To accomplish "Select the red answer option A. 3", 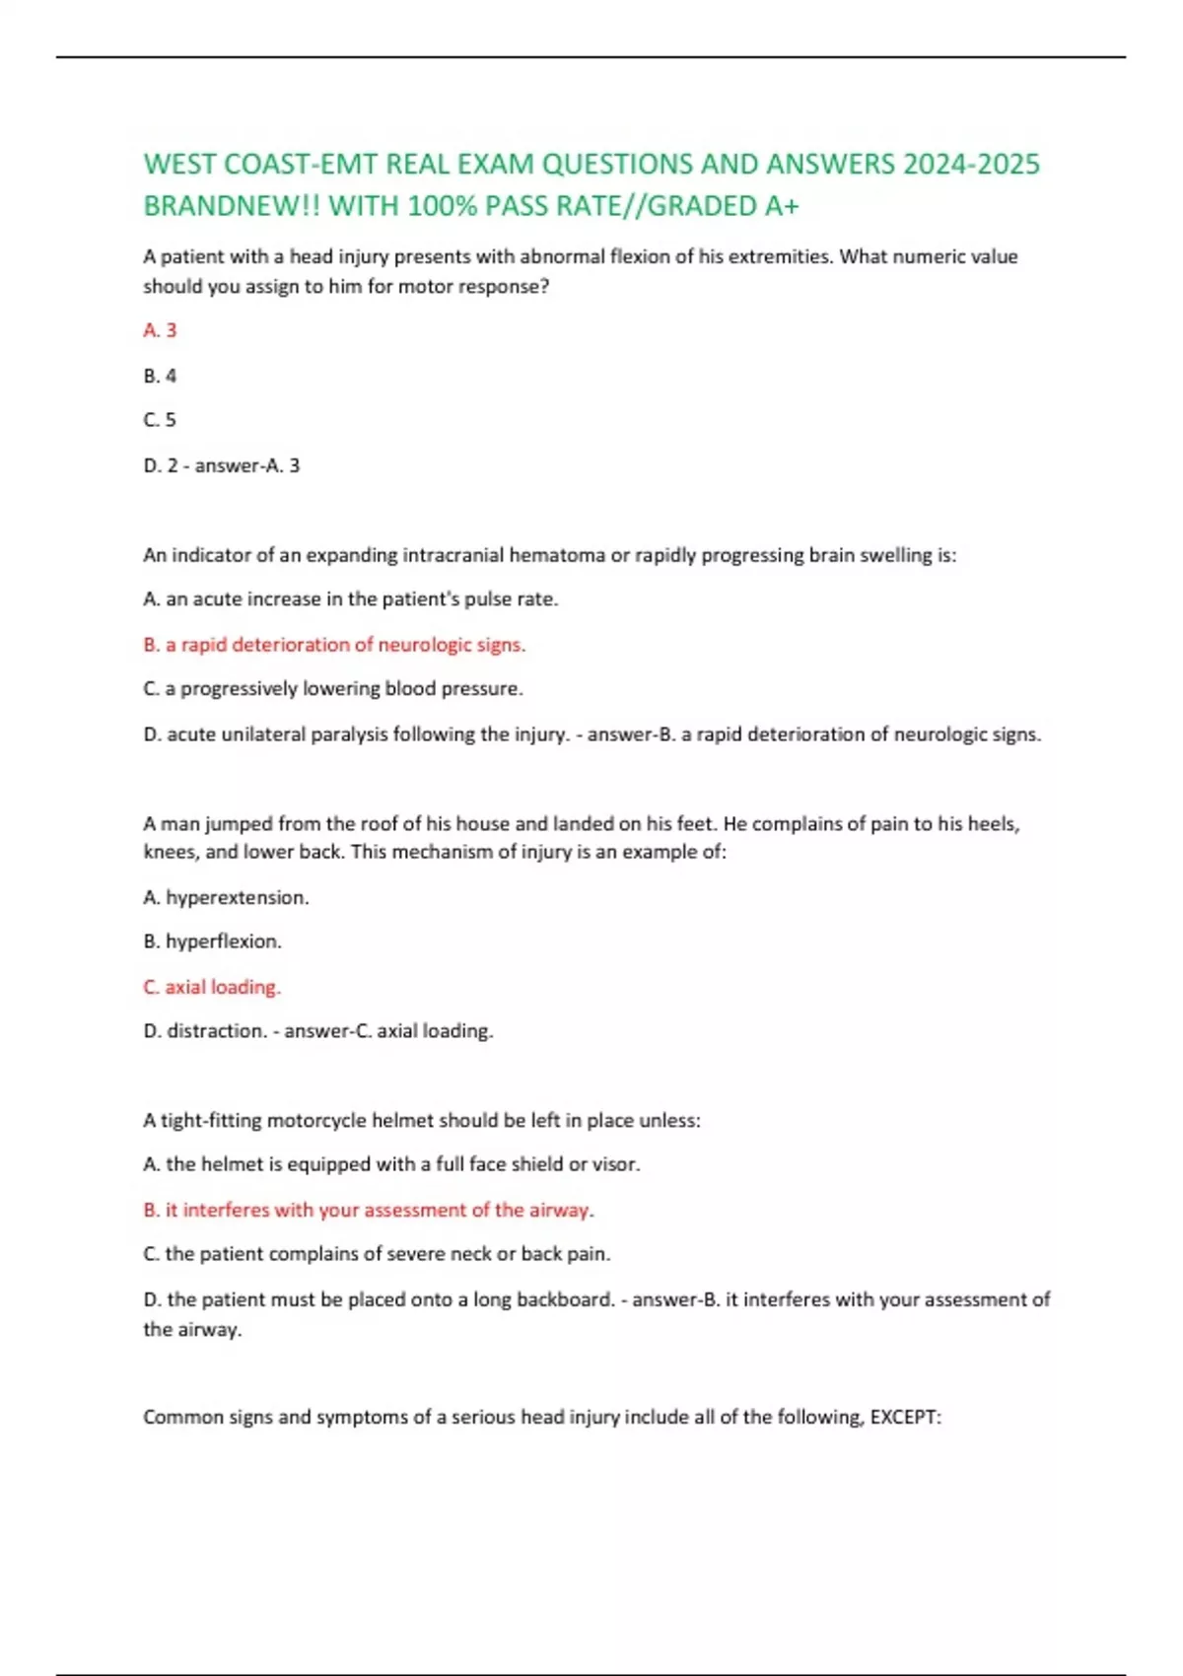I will (160, 330).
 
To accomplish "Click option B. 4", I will (160, 376).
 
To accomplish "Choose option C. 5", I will (160, 420).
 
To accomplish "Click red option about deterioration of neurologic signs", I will (334, 645).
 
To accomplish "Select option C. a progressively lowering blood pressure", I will (333, 689).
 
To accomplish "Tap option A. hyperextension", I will (226, 897).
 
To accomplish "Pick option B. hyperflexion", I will (212, 942).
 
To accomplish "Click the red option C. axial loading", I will (212, 987).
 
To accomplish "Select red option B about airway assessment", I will (369, 1210).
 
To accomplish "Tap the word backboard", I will (567, 1299).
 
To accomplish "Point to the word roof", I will (379, 824).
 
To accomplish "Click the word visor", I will (616, 1164).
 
